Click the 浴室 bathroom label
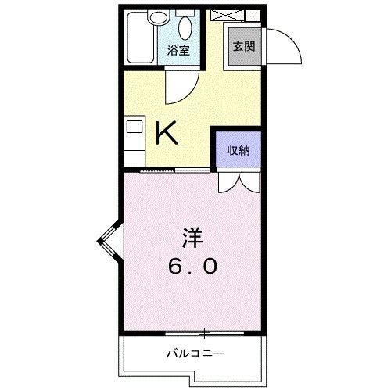click(x=178, y=52)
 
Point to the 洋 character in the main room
click(x=192, y=235)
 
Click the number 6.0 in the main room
click(x=192, y=266)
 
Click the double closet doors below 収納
click(x=238, y=181)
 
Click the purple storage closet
click(x=238, y=150)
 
